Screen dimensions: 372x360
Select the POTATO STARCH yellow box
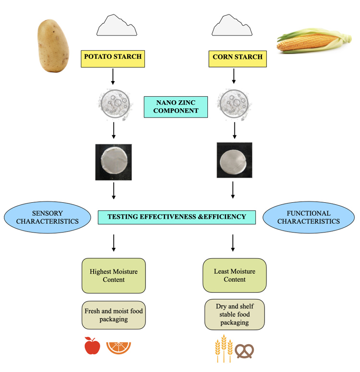[113, 57]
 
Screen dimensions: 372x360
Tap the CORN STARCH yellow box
[237, 57]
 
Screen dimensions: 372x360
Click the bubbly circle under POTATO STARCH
[113, 105]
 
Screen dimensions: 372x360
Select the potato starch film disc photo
[113, 162]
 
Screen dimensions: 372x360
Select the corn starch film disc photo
[234, 160]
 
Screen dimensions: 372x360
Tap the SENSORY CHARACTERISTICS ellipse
[47, 217]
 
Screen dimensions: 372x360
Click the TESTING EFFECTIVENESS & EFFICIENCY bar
[176, 217]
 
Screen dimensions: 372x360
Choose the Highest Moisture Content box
[113, 276]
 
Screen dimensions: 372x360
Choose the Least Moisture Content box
[234, 275]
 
